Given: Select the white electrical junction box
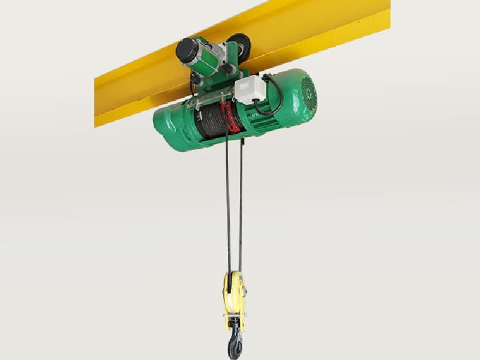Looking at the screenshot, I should click(250, 89).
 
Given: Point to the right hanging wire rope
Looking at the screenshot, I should click(241, 204).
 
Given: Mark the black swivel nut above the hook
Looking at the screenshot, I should click(233, 325).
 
